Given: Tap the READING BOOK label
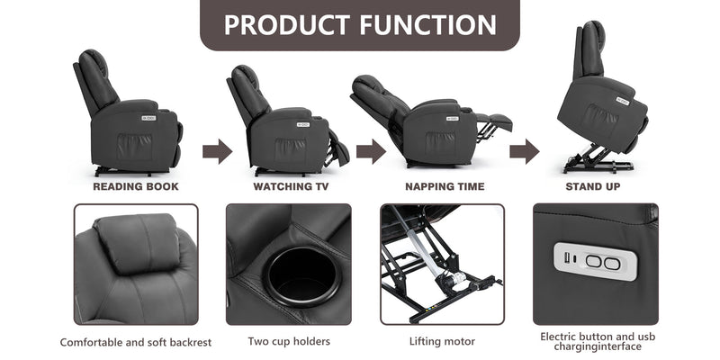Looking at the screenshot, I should [x=136, y=187].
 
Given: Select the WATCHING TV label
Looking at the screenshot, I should [x=291, y=187].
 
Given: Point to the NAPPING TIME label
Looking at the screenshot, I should [x=444, y=187].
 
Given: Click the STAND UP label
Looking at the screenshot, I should [x=592, y=187].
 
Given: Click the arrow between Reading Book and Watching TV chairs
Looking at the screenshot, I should [x=217, y=151].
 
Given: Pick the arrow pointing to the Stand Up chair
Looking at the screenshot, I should [x=524, y=151].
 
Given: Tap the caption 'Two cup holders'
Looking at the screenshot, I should [x=288, y=342].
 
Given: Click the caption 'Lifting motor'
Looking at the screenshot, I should [x=442, y=342].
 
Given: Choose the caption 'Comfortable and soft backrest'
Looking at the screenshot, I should [x=136, y=342].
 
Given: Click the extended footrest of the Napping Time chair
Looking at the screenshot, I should [x=494, y=121].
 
